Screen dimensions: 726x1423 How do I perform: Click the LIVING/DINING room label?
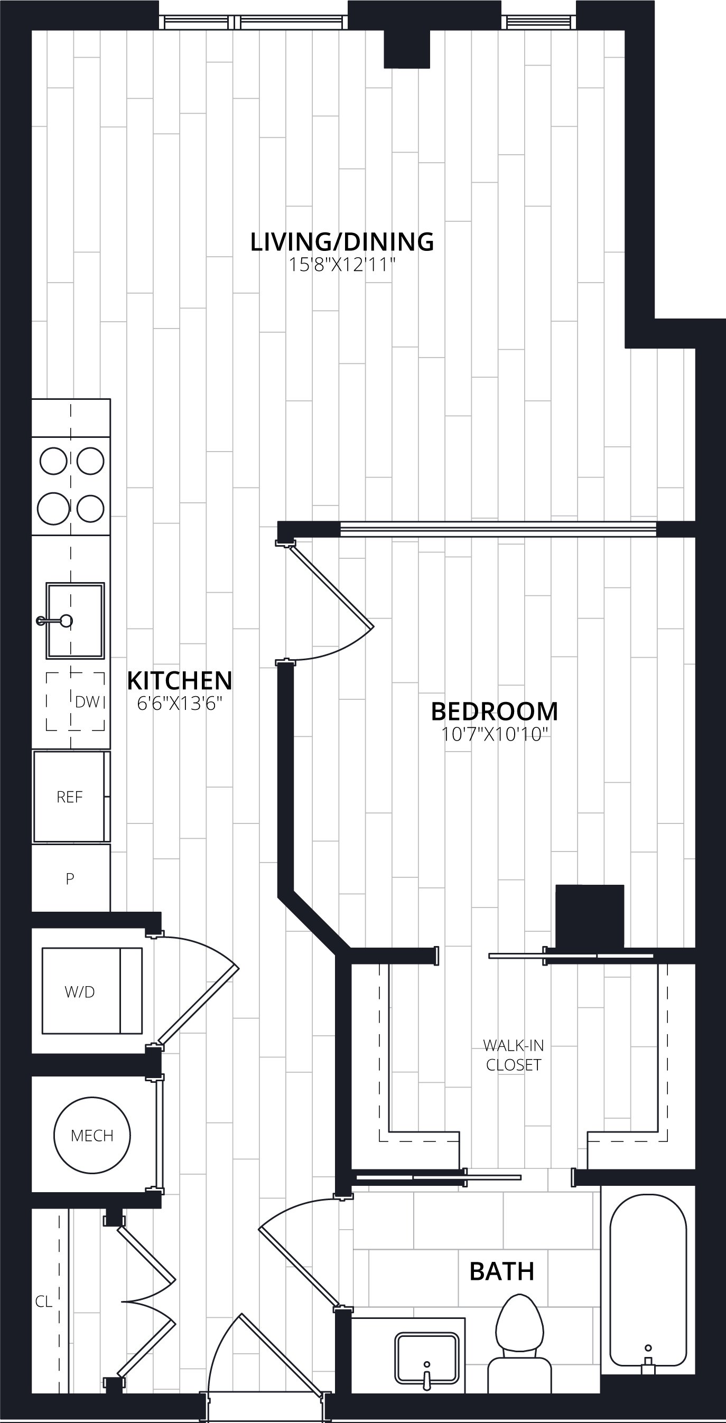coord(342,242)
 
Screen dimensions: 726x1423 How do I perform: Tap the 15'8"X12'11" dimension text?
coord(342,265)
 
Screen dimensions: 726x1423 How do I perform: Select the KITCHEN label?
coord(180,680)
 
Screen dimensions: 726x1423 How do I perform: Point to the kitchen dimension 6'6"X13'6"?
coord(180,704)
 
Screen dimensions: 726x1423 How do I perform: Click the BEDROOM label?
coord(495,711)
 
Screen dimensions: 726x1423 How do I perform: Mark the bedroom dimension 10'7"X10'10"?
coord(495,735)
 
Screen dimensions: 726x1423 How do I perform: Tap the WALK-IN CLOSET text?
coord(513,1055)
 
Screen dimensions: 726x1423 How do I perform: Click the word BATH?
coord(501,1271)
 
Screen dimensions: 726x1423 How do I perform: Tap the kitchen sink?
coord(75,620)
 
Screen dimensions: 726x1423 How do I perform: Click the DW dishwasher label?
coord(87,702)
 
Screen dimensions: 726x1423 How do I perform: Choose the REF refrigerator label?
coord(70,797)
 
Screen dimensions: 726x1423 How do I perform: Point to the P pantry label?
coord(70,879)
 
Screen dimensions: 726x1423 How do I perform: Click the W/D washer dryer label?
coord(80,992)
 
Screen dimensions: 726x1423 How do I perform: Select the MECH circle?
coord(92,1135)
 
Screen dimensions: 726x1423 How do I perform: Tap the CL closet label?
coord(44,1302)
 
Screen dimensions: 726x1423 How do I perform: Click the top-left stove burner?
coord(53,461)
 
